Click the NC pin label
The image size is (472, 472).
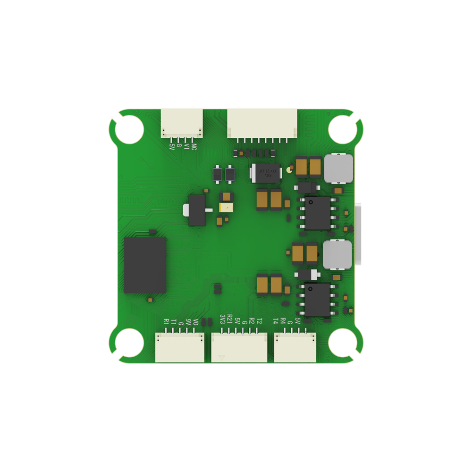tap(194, 146)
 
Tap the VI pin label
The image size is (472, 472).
tap(187, 146)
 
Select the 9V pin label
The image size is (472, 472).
tap(188, 322)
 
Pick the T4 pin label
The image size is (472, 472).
tap(276, 321)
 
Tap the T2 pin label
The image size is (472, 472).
tap(259, 321)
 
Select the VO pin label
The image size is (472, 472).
tap(195, 322)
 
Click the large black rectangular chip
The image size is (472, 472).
tap(145, 265)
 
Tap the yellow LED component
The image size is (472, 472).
tap(227, 207)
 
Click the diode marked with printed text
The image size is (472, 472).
tap(266, 173)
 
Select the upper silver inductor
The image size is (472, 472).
tap(338, 169)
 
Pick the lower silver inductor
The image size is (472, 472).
tap(337, 255)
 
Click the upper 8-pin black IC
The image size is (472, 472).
tap(318, 213)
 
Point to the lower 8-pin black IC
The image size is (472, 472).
tap(318, 300)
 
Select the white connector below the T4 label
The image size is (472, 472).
tap(295, 347)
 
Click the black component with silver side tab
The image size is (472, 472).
tap(195, 210)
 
